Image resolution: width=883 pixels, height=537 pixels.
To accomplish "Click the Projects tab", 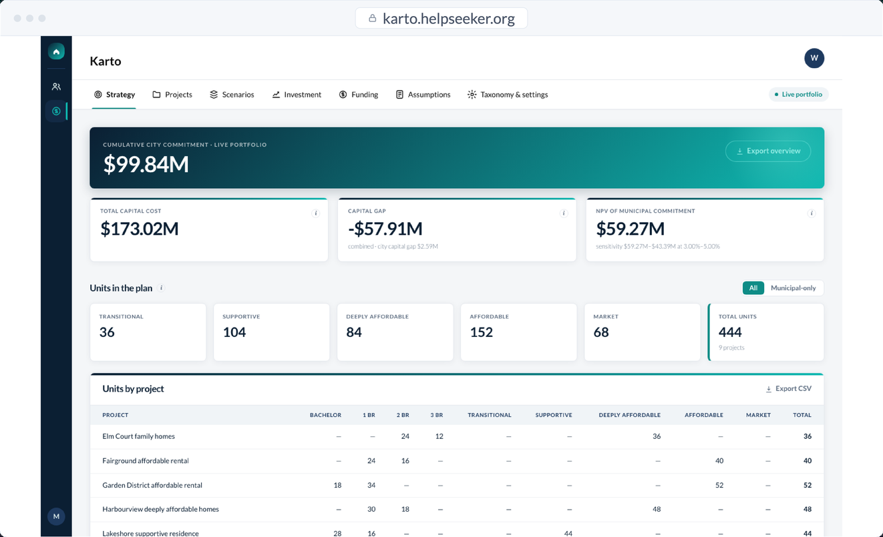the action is (x=172, y=95).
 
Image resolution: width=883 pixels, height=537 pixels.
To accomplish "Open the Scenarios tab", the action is (x=232, y=95).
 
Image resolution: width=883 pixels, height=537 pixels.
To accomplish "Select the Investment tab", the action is (x=297, y=95).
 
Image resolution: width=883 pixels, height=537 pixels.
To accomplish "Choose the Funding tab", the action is (x=358, y=95).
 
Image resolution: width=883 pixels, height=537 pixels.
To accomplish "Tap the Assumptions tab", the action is (x=423, y=95).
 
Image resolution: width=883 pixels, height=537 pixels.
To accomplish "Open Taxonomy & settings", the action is (x=508, y=95).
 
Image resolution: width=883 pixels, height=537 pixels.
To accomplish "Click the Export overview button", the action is (x=768, y=151).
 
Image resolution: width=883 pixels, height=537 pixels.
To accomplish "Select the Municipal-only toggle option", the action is (x=793, y=288).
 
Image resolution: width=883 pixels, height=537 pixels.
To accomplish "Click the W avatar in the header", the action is (x=814, y=58).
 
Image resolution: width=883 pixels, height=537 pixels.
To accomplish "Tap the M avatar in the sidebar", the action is (x=56, y=516).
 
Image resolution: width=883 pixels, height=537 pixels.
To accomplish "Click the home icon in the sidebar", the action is (x=56, y=51).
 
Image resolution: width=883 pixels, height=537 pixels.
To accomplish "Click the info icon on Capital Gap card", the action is (x=564, y=213).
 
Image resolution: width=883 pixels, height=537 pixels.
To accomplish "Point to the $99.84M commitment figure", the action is (x=146, y=164).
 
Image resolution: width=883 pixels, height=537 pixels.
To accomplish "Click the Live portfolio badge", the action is (x=798, y=95).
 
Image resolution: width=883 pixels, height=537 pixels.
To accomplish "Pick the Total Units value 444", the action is (x=730, y=332).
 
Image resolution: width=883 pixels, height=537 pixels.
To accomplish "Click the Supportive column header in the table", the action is (x=554, y=415).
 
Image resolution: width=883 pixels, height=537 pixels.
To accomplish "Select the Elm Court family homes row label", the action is (x=138, y=436).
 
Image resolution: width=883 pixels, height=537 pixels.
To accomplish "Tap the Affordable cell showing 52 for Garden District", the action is (x=719, y=485).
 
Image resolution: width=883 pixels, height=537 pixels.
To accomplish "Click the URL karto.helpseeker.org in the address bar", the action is (x=449, y=19).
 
